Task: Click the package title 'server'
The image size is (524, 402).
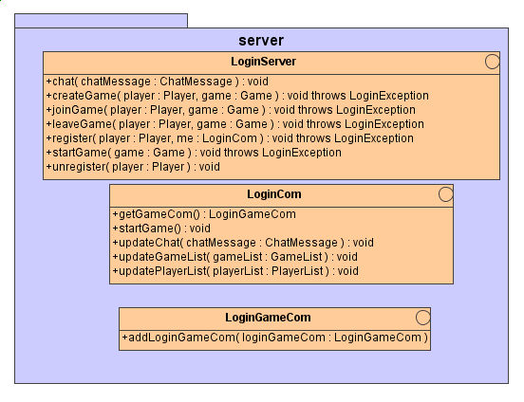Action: click(x=261, y=41)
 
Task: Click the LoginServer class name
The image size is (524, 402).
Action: click(x=263, y=62)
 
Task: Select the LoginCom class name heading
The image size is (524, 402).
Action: click(x=274, y=194)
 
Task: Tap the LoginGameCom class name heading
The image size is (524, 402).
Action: click(x=268, y=318)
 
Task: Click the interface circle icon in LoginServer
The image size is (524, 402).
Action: click(x=493, y=62)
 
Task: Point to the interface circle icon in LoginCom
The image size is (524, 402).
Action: click(x=446, y=194)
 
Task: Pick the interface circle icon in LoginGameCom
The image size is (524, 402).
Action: click(x=423, y=318)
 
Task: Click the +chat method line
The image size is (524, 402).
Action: click(x=157, y=82)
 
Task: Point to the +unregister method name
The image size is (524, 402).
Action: click(x=76, y=167)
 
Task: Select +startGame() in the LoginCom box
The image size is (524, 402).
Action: click(x=147, y=228)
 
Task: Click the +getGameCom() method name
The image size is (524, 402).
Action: click(x=156, y=214)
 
